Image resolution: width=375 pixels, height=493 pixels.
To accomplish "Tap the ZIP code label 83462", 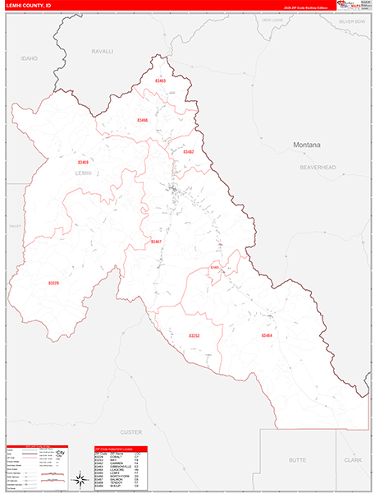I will [188, 152].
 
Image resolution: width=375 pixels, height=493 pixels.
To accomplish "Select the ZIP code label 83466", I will [143, 121].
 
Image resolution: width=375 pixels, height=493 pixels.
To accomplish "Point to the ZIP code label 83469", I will [84, 163].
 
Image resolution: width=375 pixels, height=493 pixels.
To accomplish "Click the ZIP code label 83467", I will [157, 242].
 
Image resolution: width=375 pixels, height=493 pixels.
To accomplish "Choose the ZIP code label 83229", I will [53, 283].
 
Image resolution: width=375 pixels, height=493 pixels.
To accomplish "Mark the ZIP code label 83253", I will [194, 336].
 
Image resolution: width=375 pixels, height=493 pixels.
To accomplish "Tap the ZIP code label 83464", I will [267, 335].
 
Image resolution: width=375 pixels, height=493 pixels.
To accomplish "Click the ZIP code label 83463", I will [161, 81].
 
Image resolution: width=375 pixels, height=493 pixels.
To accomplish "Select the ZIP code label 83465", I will [215, 267].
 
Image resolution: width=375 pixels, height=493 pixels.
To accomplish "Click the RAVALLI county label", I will [102, 51].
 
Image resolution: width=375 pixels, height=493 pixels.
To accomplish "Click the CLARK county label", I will [353, 461].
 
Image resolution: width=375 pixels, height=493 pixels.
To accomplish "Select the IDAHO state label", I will [30, 58].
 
